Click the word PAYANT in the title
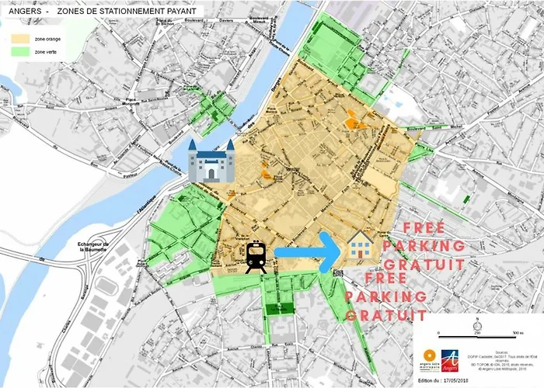tap(183, 12)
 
